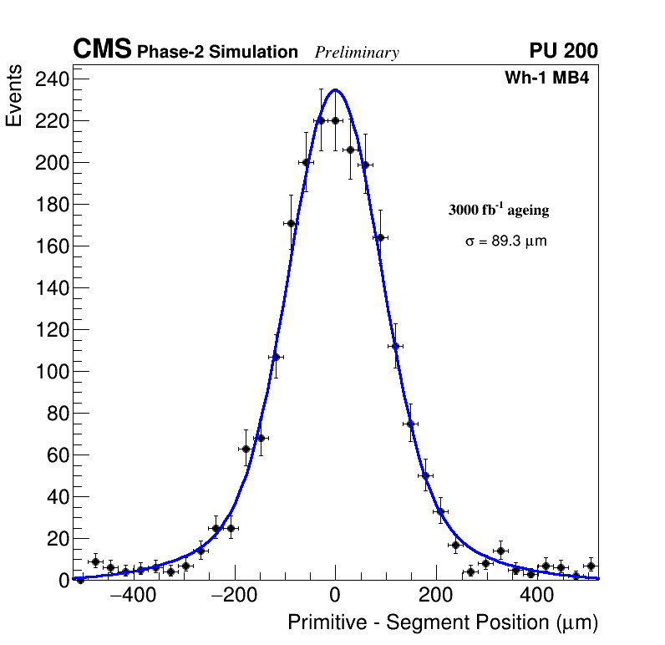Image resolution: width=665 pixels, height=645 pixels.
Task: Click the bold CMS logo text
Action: (102, 50)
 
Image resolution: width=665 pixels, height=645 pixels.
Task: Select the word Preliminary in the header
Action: (357, 53)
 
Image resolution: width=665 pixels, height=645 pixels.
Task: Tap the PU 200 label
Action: (563, 51)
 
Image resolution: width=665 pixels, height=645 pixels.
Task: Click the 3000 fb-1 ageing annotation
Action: (499, 210)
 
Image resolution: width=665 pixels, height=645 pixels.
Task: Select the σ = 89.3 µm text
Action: (505, 241)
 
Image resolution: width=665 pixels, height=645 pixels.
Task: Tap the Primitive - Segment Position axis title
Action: (443, 622)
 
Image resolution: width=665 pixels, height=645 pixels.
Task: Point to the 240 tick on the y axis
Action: (51, 79)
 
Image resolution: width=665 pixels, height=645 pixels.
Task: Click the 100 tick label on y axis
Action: (51, 372)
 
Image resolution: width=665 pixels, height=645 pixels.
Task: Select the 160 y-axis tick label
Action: (51, 246)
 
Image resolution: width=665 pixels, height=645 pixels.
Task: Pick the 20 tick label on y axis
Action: (56, 539)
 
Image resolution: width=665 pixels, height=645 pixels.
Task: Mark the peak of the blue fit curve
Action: (335, 89)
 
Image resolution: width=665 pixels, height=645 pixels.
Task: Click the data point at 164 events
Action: (380, 237)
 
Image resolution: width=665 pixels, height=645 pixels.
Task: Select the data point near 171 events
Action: (291, 223)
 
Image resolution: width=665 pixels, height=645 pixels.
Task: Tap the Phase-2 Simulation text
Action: (217, 53)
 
